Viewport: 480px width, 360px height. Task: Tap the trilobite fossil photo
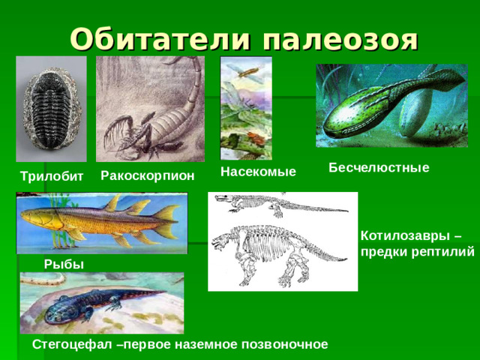(51, 109)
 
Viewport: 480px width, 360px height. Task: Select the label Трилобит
(52, 176)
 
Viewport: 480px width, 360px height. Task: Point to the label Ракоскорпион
(147, 175)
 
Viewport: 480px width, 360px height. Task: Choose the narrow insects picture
(246, 108)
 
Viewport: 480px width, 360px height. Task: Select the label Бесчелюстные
(379, 168)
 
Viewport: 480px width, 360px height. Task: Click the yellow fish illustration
(101, 222)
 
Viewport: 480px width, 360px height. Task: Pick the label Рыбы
(64, 263)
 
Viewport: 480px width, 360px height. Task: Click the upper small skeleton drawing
(277, 204)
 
